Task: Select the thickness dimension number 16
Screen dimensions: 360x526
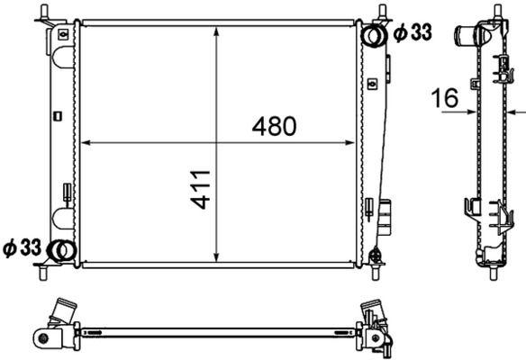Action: pos(446,98)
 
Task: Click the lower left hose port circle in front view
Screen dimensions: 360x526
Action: pos(59,250)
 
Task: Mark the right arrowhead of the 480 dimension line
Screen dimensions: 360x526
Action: pos(353,142)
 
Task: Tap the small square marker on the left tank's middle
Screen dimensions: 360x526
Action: pos(57,114)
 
